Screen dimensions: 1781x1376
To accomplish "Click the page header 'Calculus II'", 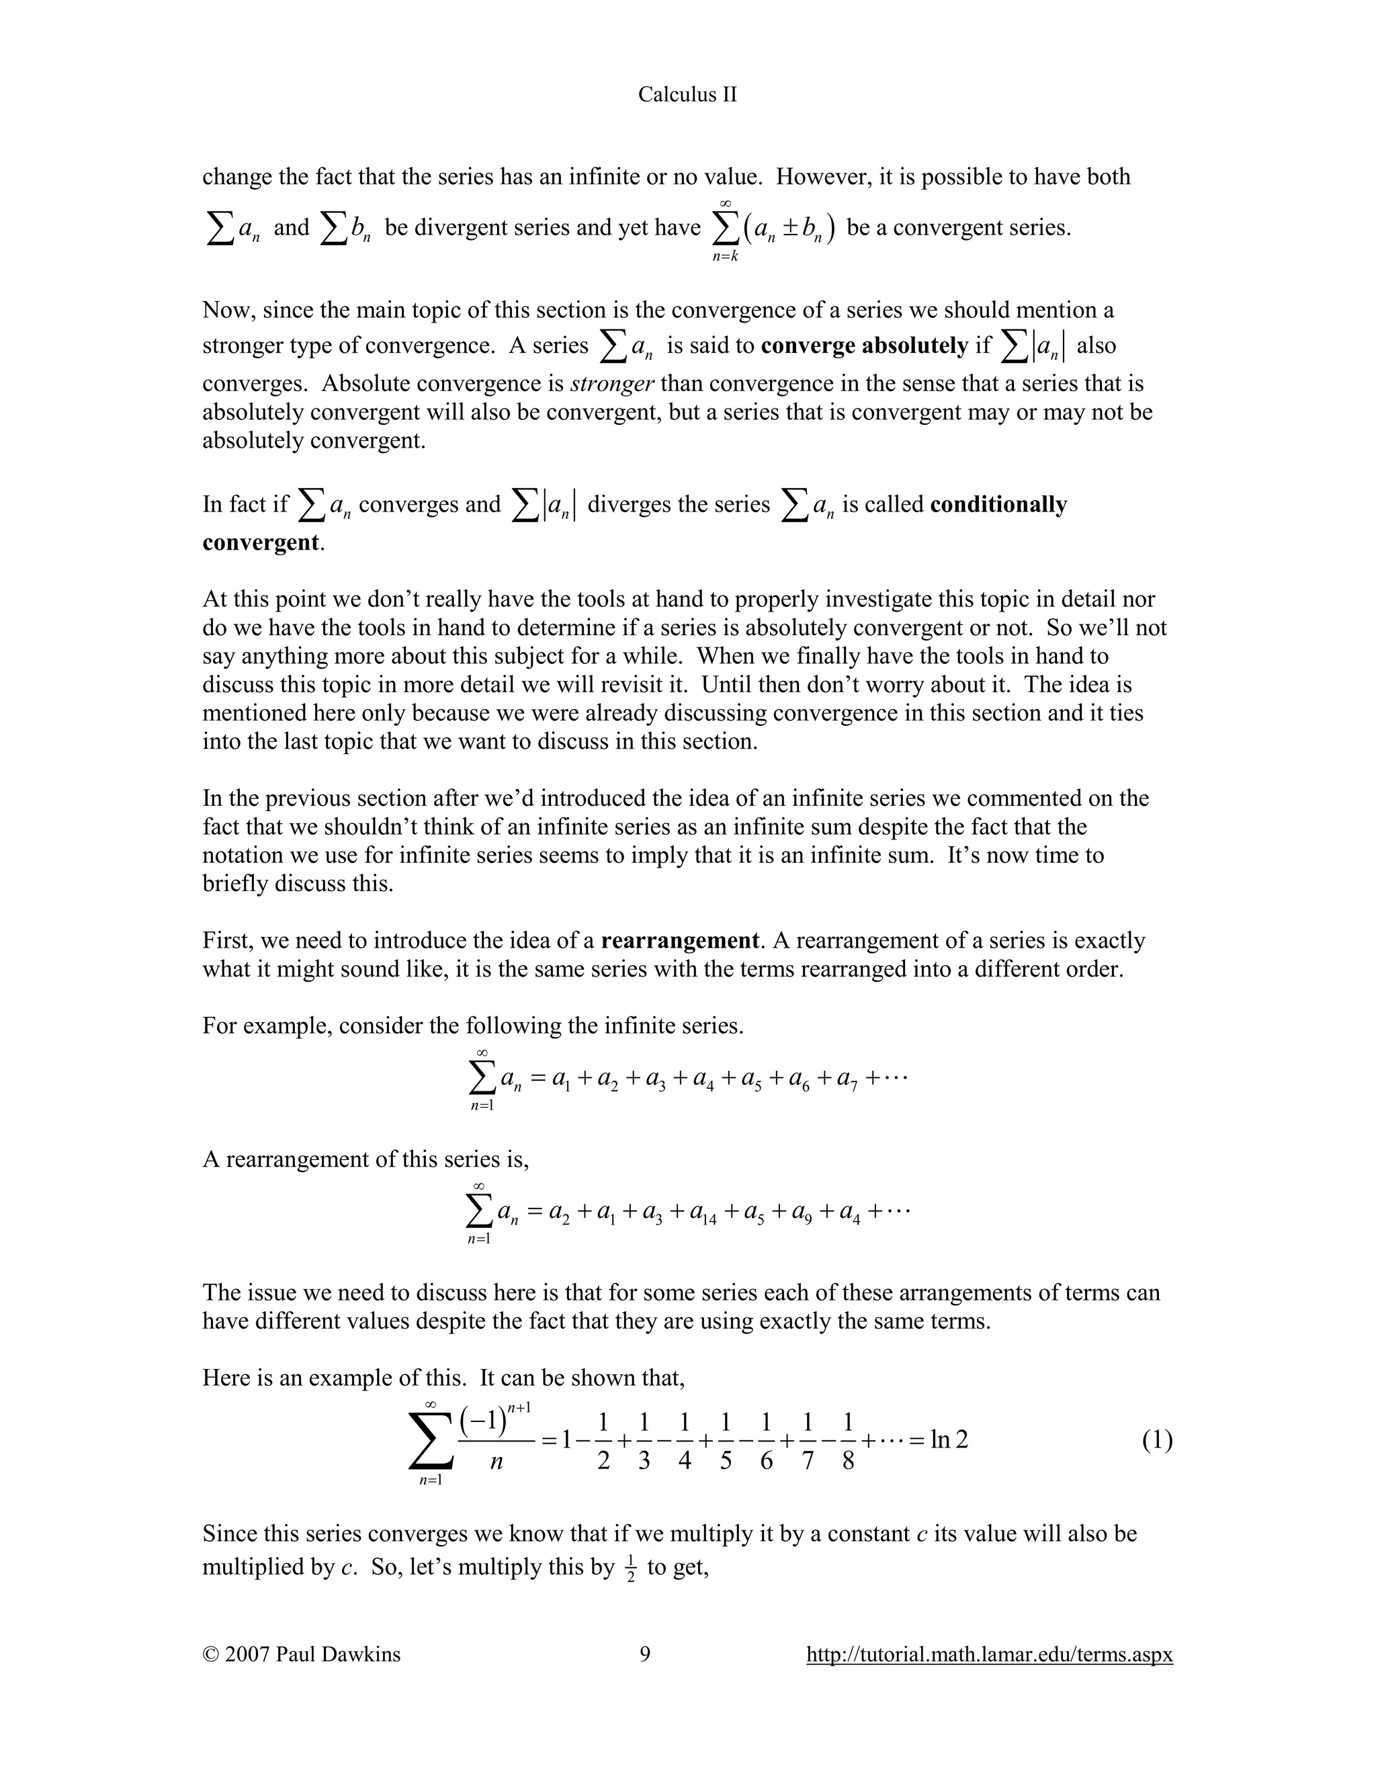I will click(687, 95).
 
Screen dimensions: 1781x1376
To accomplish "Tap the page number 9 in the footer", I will click(645, 1654).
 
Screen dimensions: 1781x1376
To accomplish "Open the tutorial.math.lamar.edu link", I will click(989, 1655).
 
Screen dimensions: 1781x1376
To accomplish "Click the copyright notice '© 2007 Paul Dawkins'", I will click(302, 1654).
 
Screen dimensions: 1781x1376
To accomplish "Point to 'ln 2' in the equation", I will click(949, 1440).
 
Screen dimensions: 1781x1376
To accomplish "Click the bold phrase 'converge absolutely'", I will click(864, 345).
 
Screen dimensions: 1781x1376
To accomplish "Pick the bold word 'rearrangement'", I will click(680, 941).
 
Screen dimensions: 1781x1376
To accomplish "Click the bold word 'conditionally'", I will click(998, 505).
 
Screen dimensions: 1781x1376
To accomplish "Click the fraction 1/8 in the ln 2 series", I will click(848, 1441).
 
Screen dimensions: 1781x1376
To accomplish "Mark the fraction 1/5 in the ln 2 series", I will click(726, 1441).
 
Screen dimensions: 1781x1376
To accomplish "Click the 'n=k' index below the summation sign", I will click(725, 257).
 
